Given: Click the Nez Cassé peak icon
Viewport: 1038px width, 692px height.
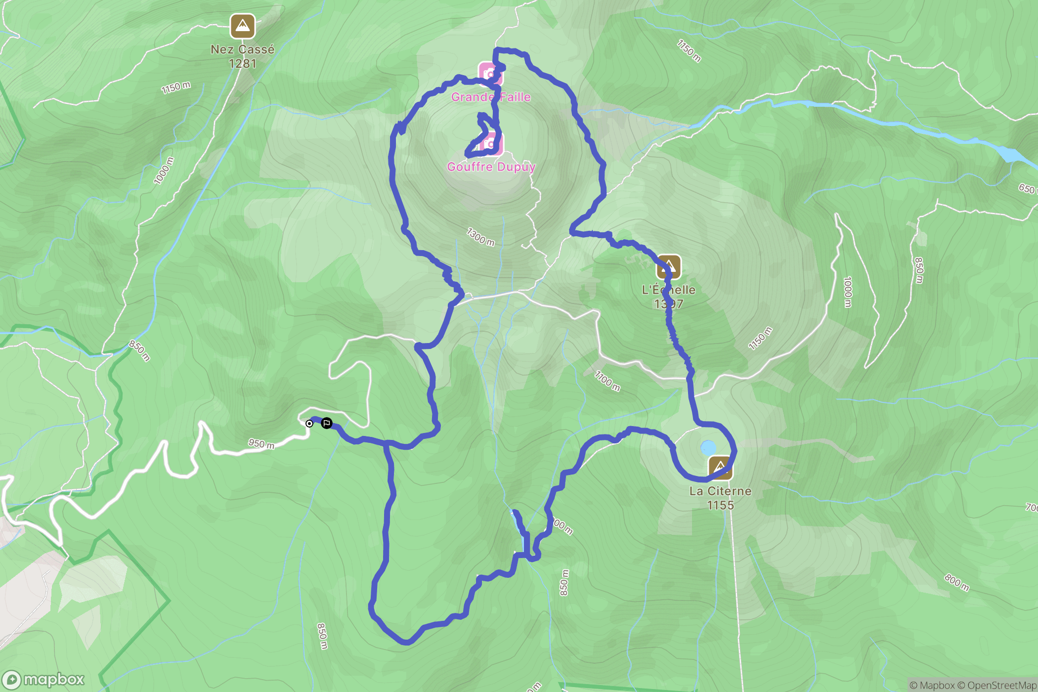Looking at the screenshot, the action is pyautogui.click(x=242, y=26).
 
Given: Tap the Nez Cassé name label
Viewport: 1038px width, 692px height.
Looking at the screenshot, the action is pyautogui.click(x=242, y=49).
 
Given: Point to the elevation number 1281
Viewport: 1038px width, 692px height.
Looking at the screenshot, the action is pyautogui.click(x=242, y=64).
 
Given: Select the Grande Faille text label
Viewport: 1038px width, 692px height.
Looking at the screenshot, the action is pyautogui.click(x=491, y=97).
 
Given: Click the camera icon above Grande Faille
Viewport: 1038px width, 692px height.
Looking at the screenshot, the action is pyautogui.click(x=490, y=74).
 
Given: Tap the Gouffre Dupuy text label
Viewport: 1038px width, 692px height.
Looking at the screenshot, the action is pyautogui.click(x=491, y=167).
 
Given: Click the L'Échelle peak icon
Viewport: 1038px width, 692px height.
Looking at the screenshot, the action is pyautogui.click(x=668, y=267).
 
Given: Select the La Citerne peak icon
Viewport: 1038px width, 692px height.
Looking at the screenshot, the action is pyautogui.click(x=720, y=467).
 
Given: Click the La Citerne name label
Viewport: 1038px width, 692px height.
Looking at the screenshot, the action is pyautogui.click(x=720, y=491).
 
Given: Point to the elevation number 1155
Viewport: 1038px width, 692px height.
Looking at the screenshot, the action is pyautogui.click(x=720, y=505).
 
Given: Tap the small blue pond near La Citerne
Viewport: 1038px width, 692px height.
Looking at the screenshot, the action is pyautogui.click(x=708, y=448).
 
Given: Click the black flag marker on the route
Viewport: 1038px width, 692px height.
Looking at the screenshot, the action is pyautogui.click(x=327, y=423).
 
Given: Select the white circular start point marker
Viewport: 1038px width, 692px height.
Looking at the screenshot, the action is pyautogui.click(x=309, y=424).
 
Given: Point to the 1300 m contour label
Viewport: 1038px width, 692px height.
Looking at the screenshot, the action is pyautogui.click(x=480, y=237).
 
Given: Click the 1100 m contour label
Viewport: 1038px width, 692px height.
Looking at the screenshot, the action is pyautogui.click(x=607, y=381).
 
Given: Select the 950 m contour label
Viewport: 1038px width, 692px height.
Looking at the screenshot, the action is pyautogui.click(x=261, y=444).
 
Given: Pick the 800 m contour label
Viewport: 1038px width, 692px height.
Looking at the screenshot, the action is pyautogui.click(x=957, y=582).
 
